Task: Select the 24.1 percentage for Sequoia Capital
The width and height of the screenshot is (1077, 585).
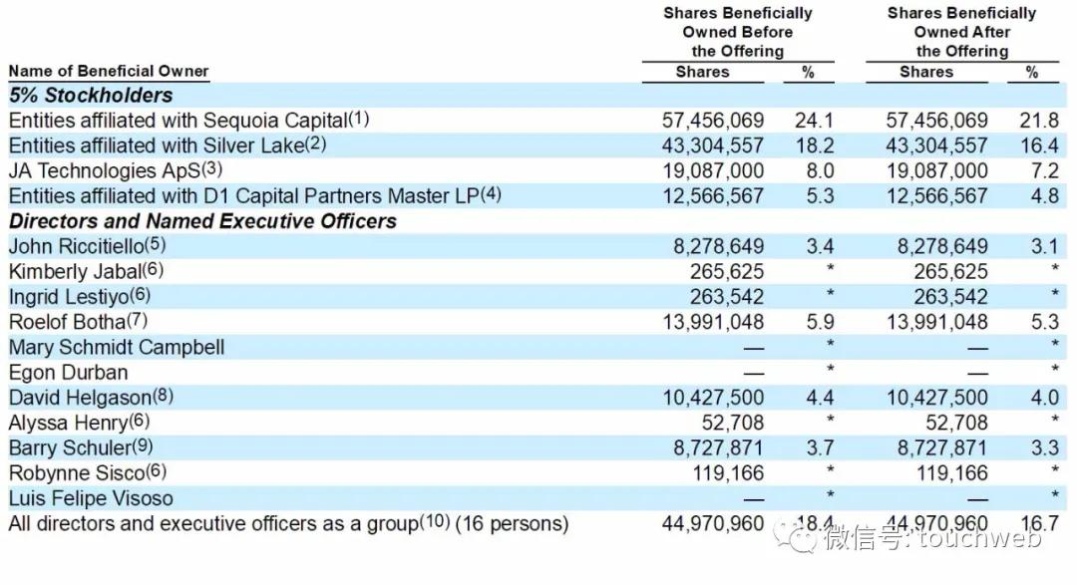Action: pyautogui.click(x=814, y=120)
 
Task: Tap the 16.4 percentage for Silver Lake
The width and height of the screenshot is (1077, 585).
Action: pyautogui.click(x=1038, y=146)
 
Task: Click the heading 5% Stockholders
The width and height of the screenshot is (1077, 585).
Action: pyautogui.click(x=91, y=96)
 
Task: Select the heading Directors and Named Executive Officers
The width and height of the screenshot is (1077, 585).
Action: pyautogui.click(x=202, y=221)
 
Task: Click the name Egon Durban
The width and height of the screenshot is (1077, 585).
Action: pyautogui.click(x=68, y=373)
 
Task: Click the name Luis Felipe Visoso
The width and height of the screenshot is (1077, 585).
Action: pyautogui.click(x=91, y=498)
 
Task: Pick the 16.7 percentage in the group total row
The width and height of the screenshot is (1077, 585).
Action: pyautogui.click(x=1038, y=523)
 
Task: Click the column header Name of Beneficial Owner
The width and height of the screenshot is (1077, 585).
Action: pyautogui.click(x=109, y=71)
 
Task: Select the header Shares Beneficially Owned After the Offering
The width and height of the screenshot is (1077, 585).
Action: pyautogui.click(x=961, y=32)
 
